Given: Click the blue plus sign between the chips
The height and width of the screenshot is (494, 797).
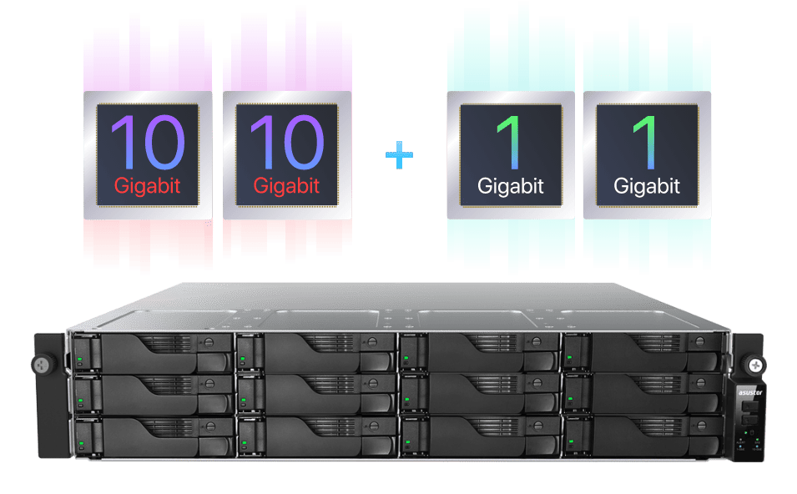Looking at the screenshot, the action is pos(399,155).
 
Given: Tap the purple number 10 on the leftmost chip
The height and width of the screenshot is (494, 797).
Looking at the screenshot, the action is pos(148,142).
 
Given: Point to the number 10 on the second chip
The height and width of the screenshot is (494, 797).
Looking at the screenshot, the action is pos(287,142).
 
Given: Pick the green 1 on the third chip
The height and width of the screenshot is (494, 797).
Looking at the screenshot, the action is pos(509,142).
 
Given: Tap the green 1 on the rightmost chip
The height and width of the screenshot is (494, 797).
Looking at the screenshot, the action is pos(646,142).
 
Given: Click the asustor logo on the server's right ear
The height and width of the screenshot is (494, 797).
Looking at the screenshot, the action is pos(750,392).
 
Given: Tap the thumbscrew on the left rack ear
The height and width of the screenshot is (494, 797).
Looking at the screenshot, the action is pos(41,365).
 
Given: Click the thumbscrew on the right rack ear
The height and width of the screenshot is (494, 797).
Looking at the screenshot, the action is pos(755,365).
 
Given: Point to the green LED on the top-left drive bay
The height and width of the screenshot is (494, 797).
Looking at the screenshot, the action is pos(80,359).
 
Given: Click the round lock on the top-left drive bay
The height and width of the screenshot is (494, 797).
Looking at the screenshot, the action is pos(209,343).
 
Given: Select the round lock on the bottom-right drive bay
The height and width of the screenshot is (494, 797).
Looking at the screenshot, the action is pos(701,426).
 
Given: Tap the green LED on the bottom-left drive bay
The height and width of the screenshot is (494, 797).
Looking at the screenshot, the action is pos(81,444).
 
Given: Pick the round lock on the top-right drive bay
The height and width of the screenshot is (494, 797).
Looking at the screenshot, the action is pos(700,341).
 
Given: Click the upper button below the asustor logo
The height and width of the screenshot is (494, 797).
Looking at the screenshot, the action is pos(749,407).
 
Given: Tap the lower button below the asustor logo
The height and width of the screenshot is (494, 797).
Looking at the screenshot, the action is pos(749,420).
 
